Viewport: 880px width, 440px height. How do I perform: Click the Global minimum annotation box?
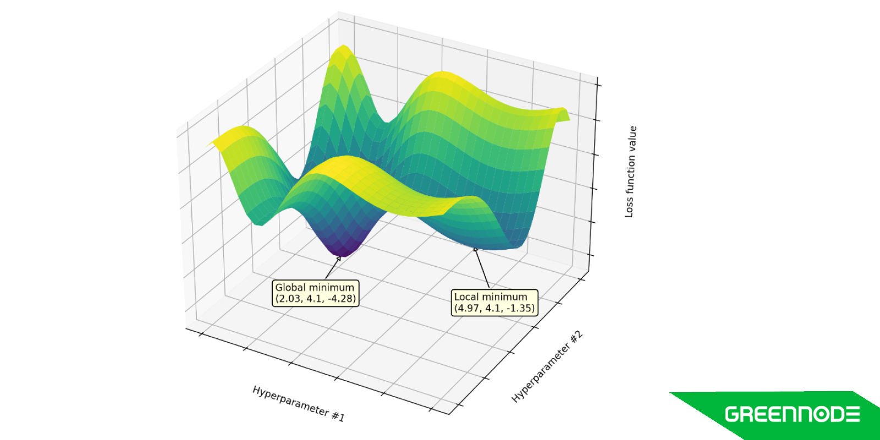(x=316, y=293)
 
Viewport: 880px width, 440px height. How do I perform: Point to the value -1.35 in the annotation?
(x=520, y=308)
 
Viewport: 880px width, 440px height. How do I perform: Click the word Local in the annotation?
(x=465, y=297)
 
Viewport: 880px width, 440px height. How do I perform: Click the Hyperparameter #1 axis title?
(x=298, y=404)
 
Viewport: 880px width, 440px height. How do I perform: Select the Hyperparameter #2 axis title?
(x=547, y=367)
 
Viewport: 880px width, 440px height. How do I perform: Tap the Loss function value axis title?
(x=630, y=172)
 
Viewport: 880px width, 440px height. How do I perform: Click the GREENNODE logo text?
(x=792, y=414)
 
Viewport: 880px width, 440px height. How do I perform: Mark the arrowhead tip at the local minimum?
(x=475, y=248)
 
